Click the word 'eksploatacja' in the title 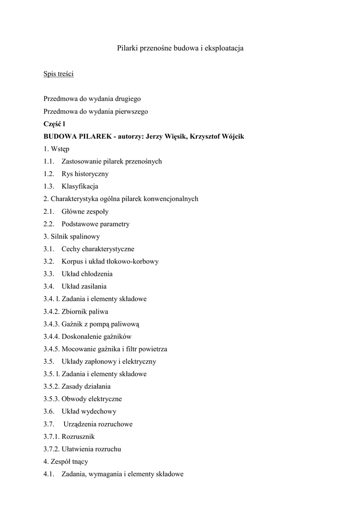[x=222, y=48]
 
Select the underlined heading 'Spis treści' [x=59, y=74]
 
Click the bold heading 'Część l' [x=55, y=124]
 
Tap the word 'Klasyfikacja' [x=80, y=186]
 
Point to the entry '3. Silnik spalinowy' [x=72, y=237]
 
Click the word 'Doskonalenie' [x=80, y=337]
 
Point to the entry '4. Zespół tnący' [x=66, y=462]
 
